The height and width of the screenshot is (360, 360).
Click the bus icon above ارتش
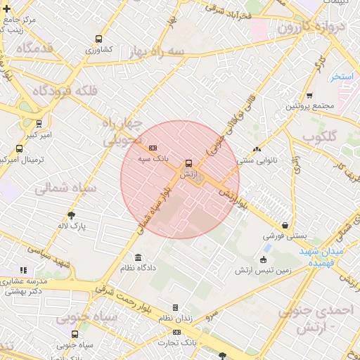pyautogui.click(x=188, y=163)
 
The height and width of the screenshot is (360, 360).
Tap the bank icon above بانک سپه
pyautogui.click(x=153, y=146)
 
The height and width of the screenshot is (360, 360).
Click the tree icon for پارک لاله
pyautogui.click(x=72, y=215)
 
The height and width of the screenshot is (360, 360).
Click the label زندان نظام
pyautogui.click(x=175, y=319)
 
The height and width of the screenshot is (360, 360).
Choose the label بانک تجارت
pyautogui.click(x=181, y=341)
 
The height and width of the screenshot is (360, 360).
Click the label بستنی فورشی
pyautogui.click(x=284, y=237)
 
